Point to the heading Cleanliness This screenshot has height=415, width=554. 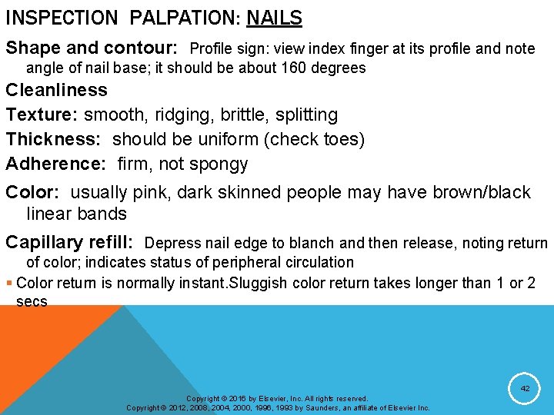point(57,90)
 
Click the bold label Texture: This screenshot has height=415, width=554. point(42,115)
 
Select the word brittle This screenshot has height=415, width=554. point(245,115)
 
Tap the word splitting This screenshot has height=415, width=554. point(308,115)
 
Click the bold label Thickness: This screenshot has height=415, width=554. point(54,139)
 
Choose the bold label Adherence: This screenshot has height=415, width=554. point(56,164)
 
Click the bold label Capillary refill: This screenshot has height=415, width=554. point(69,243)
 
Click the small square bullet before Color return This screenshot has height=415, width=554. point(9,283)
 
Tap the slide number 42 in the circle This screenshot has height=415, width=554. point(525,389)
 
